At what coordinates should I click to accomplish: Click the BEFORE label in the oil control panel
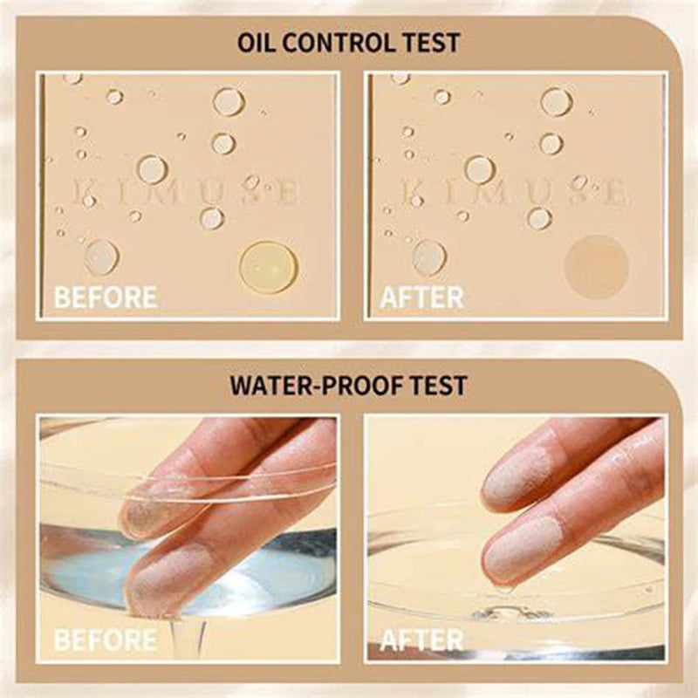[106, 297]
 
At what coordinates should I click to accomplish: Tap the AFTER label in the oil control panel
[421, 297]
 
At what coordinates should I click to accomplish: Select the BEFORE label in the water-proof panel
[106, 640]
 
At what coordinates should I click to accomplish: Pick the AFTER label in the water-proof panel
[421, 640]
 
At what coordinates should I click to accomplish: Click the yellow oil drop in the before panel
[269, 266]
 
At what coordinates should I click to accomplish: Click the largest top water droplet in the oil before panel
[229, 101]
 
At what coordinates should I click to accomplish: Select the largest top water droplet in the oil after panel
[556, 101]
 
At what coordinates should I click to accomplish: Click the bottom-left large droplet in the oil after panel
[429, 257]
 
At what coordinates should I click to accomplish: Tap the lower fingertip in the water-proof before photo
[166, 576]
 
